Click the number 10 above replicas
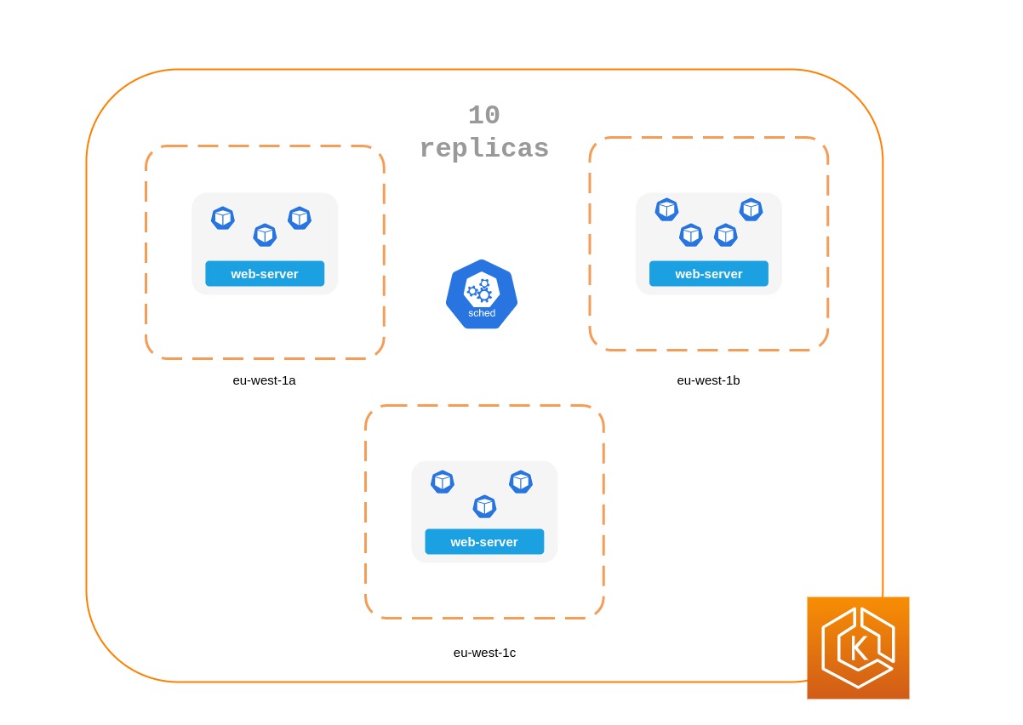pos(483,116)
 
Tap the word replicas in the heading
pos(483,149)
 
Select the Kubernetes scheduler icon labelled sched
pos(482,294)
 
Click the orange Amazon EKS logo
pos(858,648)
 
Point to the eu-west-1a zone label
pos(264,380)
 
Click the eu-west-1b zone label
pos(708,380)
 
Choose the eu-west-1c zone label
pos(484,653)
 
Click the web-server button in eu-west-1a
pos(265,274)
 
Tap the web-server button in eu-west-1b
pos(708,274)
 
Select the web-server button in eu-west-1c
pos(484,542)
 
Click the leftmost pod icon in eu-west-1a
pos(223,218)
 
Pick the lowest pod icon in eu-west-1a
pos(265,235)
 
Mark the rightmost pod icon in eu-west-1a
pos(300,218)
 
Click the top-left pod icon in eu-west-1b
pos(666,209)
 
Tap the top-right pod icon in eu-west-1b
pos(751,209)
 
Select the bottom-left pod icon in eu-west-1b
pos(691,235)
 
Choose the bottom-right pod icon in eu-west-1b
pos(726,235)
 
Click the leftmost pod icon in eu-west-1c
pos(443,482)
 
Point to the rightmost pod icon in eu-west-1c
pos(521,482)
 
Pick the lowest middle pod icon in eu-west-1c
pos(484,506)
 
